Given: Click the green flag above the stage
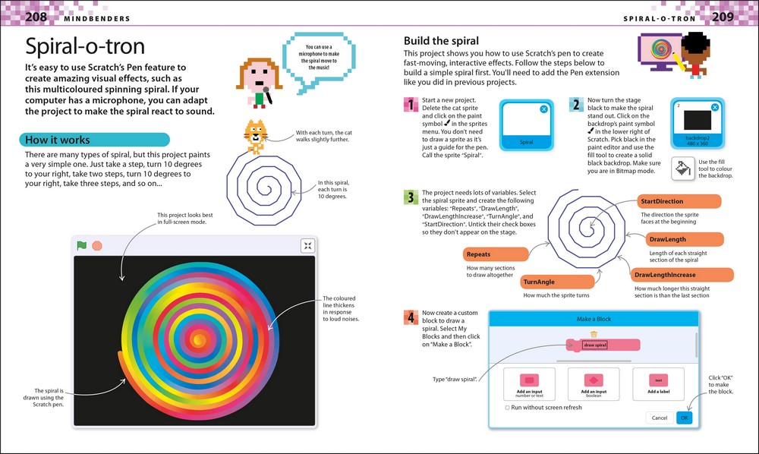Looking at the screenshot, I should (81, 245).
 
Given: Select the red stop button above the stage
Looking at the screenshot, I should (96, 245).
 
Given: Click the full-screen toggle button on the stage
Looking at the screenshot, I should (307, 245).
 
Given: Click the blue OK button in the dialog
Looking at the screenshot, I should (685, 418).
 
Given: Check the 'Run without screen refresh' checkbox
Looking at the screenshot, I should (508, 408).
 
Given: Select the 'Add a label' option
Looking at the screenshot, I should (658, 386).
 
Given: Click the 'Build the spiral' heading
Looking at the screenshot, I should (441, 40).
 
